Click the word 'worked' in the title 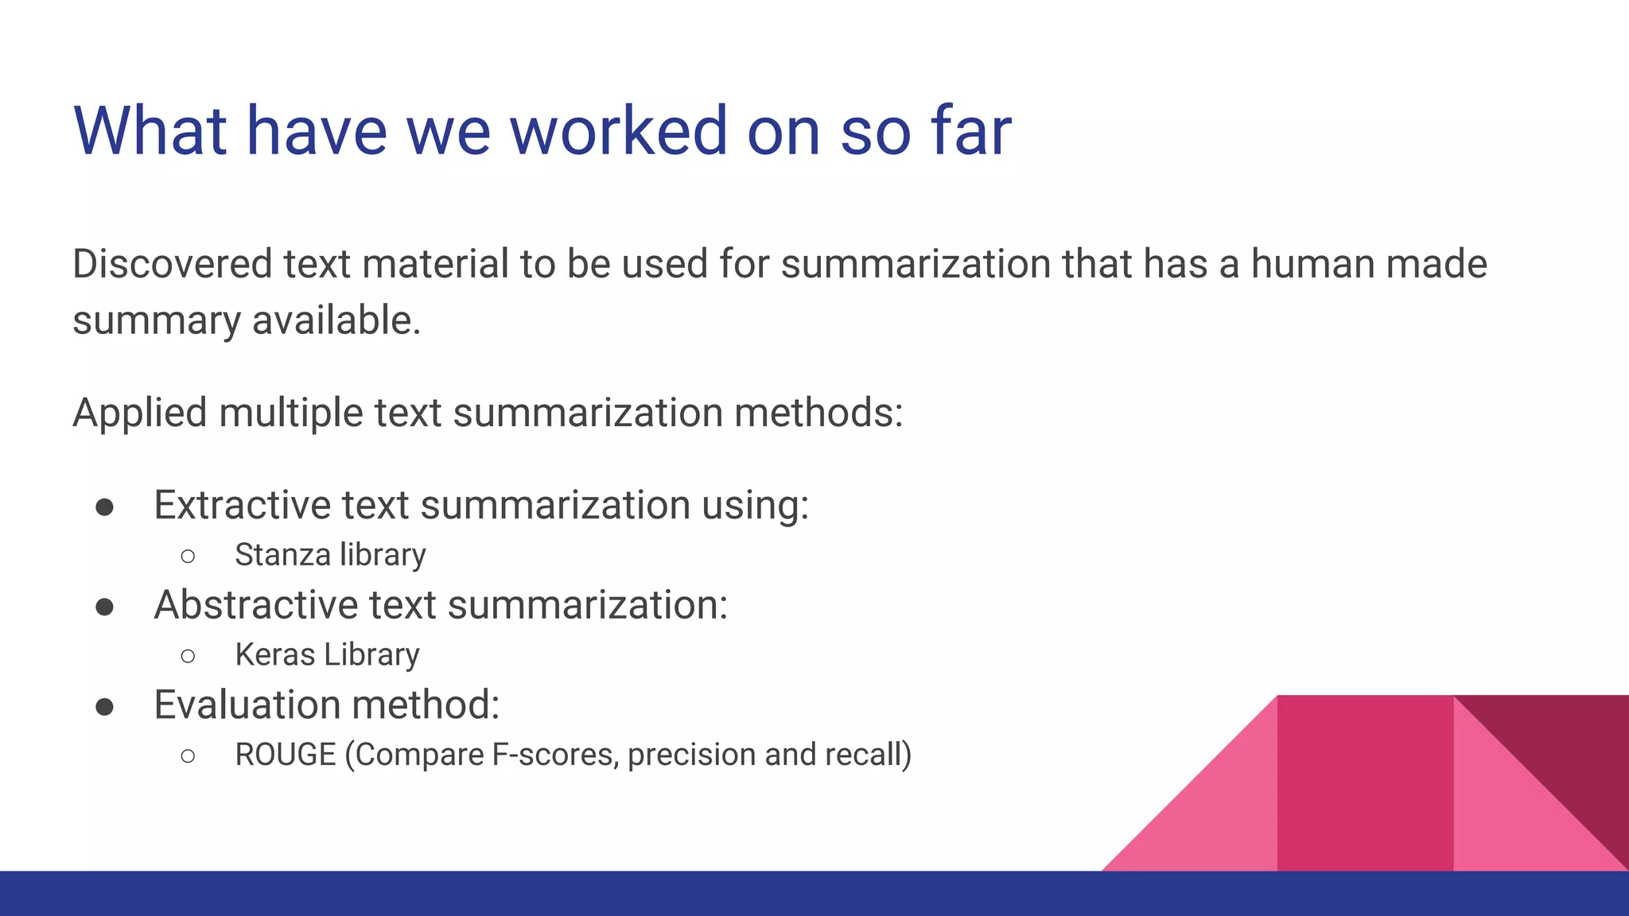pos(618,131)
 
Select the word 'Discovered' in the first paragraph pos(172,264)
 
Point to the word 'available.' pos(336,321)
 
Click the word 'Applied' pos(140,413)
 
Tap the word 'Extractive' pos(242,506)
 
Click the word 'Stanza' pos(282,555)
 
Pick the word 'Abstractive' pos(255,605)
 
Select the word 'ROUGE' pos(286,755)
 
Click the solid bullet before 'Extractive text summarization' pos(104,507)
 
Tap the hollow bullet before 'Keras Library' pos(188,656)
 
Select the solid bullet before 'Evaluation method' pos(104,707)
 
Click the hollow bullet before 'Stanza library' pos(188,556)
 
